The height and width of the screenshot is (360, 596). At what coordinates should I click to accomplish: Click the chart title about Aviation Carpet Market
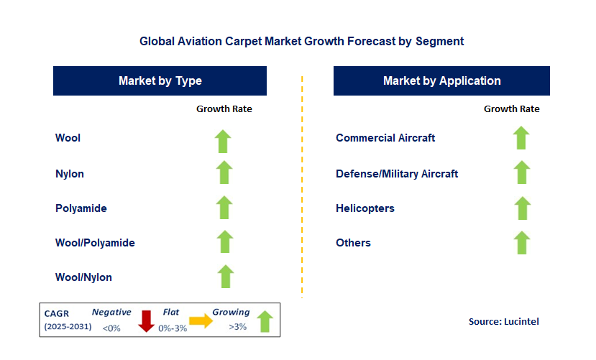tap(301, 41)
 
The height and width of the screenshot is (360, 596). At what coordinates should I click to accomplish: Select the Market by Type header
tap(160, 80)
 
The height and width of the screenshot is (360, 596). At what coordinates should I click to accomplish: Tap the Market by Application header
tap(441, 80)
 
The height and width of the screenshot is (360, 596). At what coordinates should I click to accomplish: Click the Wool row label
tap(68, 138)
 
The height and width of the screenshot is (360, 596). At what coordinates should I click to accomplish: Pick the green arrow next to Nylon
tap(224, 173)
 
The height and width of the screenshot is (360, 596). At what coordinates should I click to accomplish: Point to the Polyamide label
tap(81, 208)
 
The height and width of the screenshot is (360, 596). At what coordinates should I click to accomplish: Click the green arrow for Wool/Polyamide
tap(224, 242)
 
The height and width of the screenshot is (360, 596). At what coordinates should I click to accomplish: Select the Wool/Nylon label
tap(83, 277)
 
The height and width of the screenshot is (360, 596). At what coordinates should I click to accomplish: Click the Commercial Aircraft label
tap(385, 138)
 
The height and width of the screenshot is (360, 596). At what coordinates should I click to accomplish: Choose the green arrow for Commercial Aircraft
tap(521, 138)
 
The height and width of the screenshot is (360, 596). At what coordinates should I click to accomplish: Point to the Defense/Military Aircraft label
tap(397, 174)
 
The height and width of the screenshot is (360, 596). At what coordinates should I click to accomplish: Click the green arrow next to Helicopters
tap(521, 208)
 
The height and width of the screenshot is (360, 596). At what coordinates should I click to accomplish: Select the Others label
tap(353, 243)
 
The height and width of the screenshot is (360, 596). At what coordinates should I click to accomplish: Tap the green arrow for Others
tap(521, 242)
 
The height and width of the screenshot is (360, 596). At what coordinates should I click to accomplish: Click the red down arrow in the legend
tap(147, 321)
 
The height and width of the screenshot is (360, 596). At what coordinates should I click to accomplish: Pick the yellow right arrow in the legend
tap(201, 321)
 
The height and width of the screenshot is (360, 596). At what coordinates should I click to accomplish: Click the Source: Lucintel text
tap(503, 321)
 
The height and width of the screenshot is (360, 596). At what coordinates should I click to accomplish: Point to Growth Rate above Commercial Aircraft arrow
tap(511, 109)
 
